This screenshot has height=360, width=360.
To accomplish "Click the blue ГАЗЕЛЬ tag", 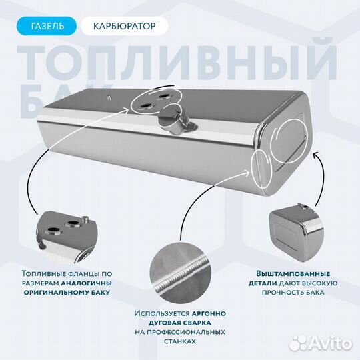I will (x=48, y=27).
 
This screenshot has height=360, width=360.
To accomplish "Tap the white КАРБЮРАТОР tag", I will (x=125, y=27).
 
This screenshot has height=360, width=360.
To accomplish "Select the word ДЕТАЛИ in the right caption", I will (x=272, y=283).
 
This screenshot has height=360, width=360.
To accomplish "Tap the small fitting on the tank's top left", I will (x=107, y=98).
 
